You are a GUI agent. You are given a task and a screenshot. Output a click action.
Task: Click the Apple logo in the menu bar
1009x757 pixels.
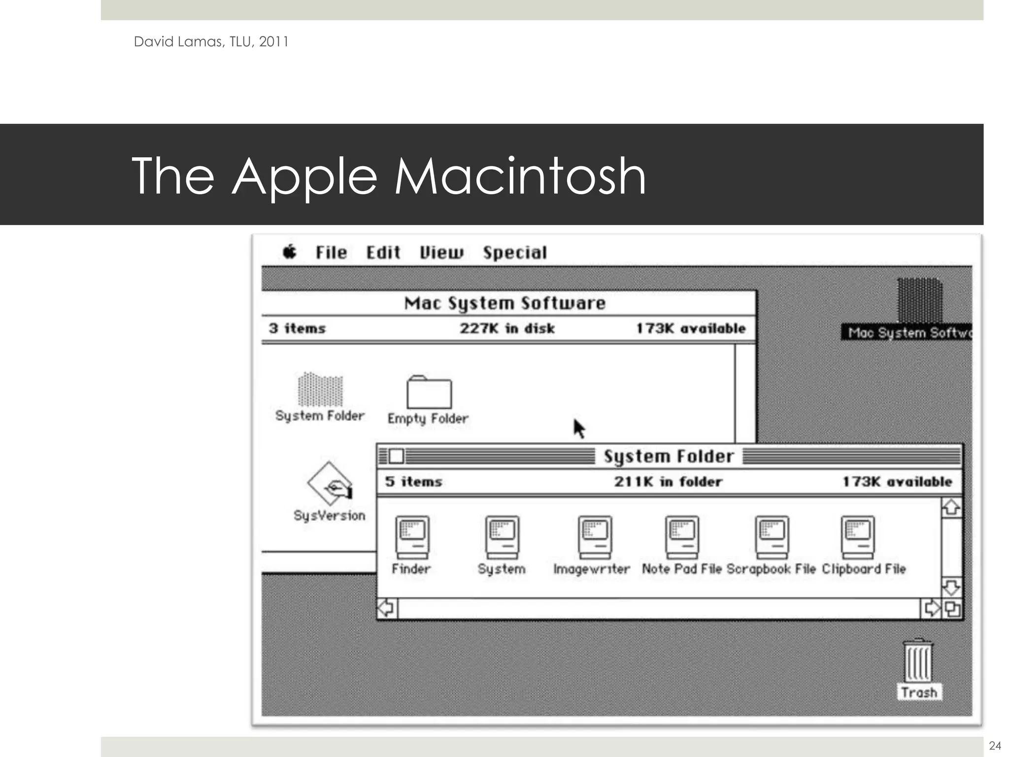pos(290,252)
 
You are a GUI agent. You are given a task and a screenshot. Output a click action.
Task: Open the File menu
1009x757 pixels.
pos(331,253)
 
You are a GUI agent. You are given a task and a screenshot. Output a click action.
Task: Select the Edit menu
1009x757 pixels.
pos(383,253)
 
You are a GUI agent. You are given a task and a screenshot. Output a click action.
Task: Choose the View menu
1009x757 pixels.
pos(441,253)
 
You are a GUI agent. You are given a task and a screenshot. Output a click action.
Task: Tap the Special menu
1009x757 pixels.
pos(515,253)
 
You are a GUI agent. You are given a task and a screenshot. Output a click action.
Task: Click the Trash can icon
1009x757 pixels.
pos(917,660)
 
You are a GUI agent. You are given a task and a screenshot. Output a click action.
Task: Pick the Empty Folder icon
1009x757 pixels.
pos(429,392)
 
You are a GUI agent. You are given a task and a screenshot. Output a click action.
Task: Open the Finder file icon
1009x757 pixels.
pos(412,536)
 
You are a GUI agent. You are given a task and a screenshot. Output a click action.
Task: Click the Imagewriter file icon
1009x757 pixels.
pos(595,536)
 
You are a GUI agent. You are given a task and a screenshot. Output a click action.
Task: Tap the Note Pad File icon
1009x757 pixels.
pos(682,536)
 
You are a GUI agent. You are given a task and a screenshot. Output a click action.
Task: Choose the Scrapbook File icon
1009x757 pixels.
pos(772,536)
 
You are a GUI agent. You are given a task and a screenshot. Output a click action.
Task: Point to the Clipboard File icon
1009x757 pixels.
pos(858,536)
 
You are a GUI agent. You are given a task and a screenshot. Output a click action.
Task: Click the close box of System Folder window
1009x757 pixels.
pos(396,456)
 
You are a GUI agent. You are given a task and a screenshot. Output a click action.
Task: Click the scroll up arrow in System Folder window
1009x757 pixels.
pos(951,508)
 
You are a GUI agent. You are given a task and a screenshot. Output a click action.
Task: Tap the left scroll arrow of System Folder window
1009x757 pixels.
pos(387,608)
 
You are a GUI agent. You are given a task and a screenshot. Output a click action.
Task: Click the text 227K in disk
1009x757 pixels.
pos(507,328)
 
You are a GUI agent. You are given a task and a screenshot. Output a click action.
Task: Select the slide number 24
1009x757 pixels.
pos(995,745)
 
